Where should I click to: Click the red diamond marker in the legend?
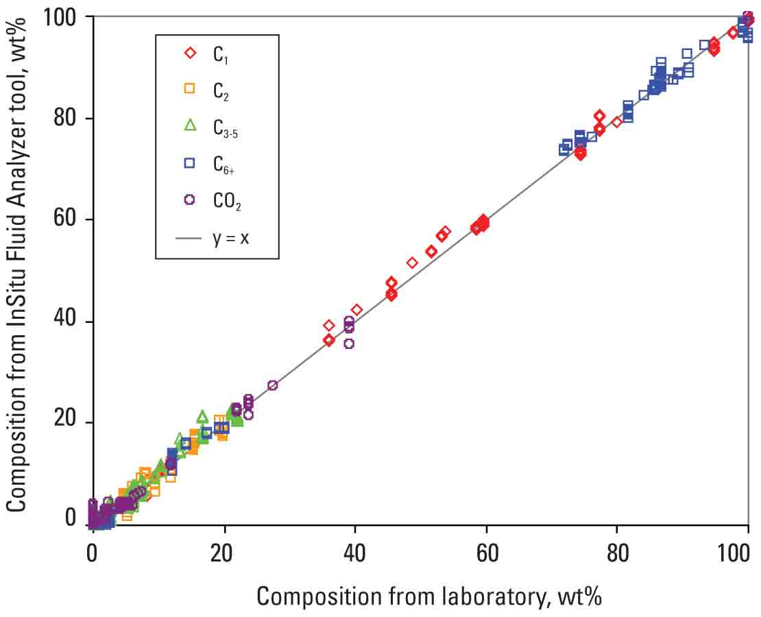click(190, 53)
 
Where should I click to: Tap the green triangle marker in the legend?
click(190, 125)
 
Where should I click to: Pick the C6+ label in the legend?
click(222, 163)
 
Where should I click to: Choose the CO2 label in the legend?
click(226, 200)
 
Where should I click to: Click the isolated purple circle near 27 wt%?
click(272, 385)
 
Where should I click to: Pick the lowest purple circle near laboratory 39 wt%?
click(349, 343)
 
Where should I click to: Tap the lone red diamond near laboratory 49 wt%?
click(412, 263)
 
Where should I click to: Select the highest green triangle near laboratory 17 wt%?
click(202, 416)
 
